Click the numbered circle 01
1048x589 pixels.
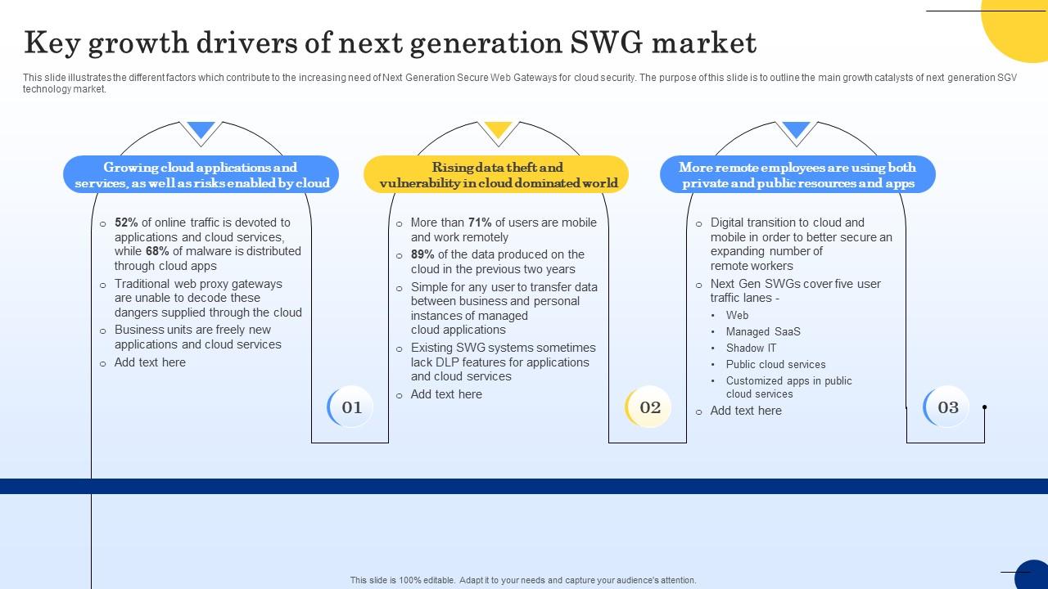point(351,407)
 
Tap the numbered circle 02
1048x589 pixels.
point(649,407)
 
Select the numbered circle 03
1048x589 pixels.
point(947,407)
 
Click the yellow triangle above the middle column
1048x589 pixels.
point(498,130)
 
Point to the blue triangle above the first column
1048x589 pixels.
point(201,130)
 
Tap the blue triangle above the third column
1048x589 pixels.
point(796,130)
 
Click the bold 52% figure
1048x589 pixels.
point(126,223)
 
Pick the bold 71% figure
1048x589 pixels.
point(479,223)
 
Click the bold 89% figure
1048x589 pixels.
point(422,254)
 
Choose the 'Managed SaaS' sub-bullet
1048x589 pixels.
point(762,331)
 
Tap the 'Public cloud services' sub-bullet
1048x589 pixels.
point(775,364)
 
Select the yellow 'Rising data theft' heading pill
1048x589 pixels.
point(497,175)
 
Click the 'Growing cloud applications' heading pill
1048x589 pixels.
point(201,175)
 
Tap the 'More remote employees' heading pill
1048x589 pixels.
point(797,175)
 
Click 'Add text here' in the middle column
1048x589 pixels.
point(446,394)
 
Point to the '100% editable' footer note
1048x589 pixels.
point(523,580)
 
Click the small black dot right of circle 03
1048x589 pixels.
point(984,407)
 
